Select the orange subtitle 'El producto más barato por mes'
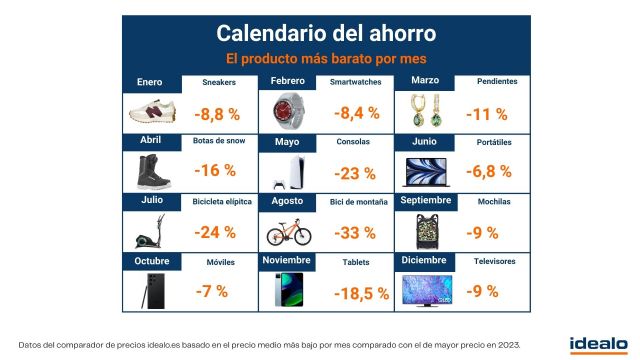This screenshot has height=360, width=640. tap(319, 58)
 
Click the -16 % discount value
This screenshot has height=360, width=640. tap(214, 171)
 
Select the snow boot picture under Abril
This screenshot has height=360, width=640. tap(149, 170)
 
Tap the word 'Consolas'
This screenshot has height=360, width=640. tap(353, 142)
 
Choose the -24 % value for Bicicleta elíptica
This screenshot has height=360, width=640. tap(214, 232)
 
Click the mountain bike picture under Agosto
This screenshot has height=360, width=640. tap(289, 232)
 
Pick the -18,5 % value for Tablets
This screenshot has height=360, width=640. tap(357, 293)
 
